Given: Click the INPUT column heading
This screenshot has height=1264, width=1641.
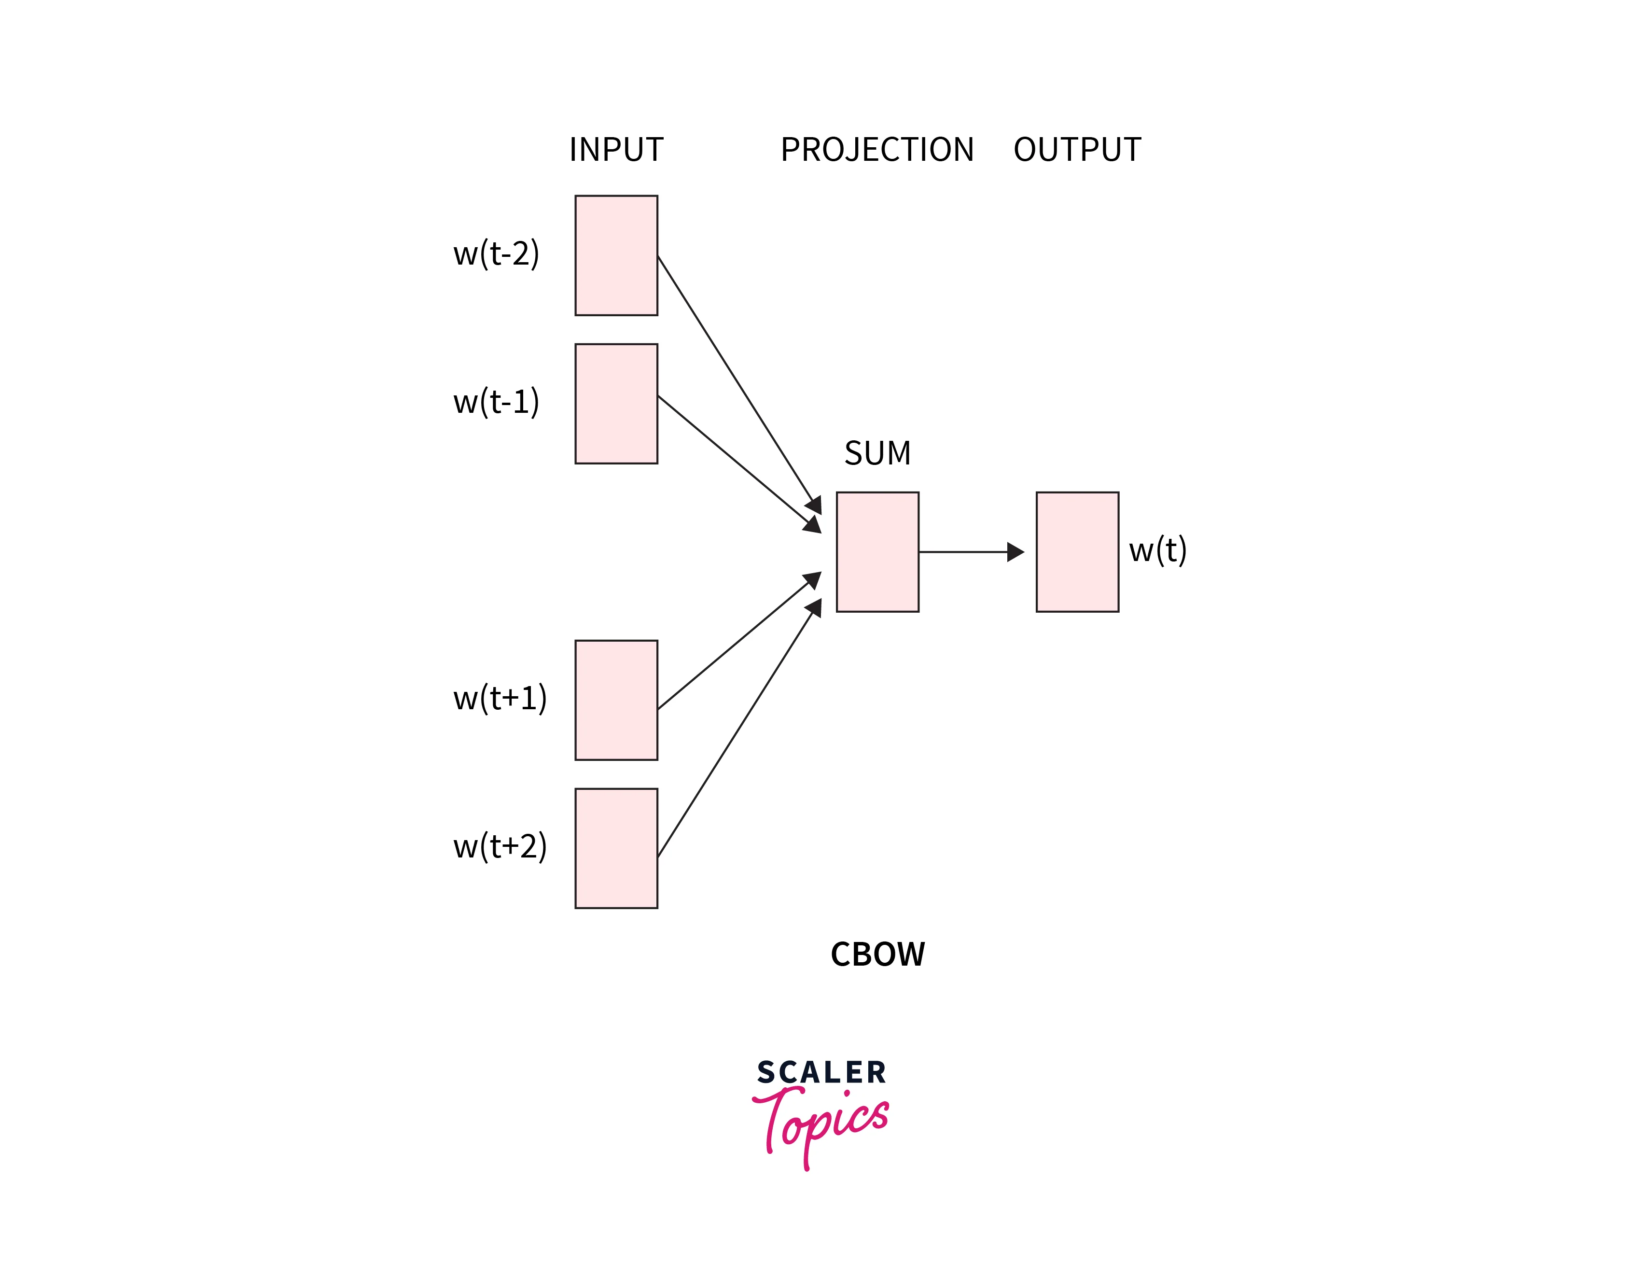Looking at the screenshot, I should [616, 150].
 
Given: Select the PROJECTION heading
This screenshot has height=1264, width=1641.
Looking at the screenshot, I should [877, 150].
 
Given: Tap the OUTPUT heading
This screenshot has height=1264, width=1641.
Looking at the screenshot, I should [1077, 150].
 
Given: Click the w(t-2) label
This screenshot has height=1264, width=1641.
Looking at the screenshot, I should [496, 254].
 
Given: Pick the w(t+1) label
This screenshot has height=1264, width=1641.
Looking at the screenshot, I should [500, 698].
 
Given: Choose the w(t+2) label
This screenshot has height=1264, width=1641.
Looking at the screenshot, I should [500, 846].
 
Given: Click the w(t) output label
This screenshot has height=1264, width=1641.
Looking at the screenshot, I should [1157, 550].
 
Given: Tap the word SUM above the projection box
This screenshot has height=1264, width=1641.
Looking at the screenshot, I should [877, 453].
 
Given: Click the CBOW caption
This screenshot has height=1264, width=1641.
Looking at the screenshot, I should [877, 955].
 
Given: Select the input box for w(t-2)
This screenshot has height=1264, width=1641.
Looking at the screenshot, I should [616, 255].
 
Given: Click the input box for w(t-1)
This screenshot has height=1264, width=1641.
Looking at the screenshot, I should [616, 404].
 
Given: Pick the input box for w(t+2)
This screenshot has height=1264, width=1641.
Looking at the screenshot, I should [616, 848].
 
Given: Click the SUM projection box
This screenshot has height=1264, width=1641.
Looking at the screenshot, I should [877, 551].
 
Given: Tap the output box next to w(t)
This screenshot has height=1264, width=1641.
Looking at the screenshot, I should [1077, 551].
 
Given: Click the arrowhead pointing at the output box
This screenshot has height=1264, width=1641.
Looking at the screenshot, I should [1016, 551].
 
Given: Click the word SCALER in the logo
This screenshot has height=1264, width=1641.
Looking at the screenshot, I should [821, 1072].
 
